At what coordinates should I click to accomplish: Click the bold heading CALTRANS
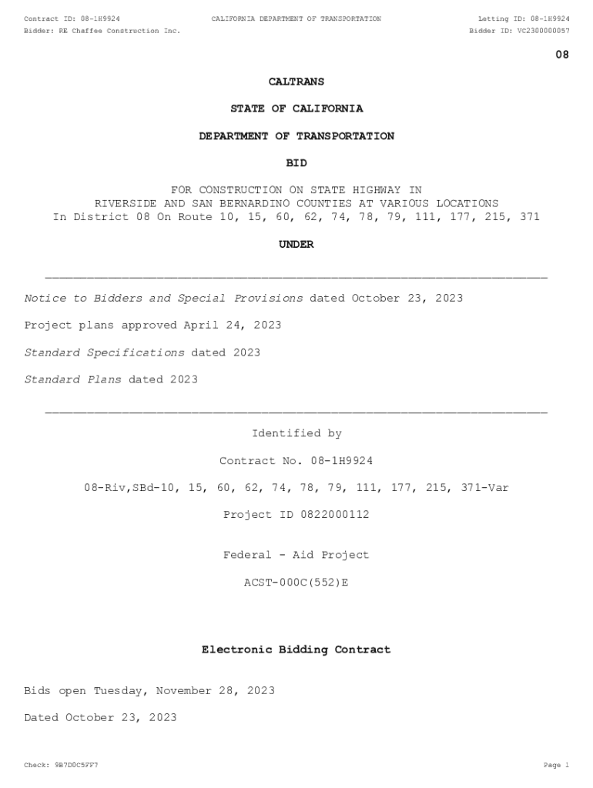point(296,82)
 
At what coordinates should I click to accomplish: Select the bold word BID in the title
point(296,163)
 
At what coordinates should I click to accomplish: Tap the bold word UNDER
point(296,244)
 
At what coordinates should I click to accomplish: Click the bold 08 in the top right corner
point(562,55)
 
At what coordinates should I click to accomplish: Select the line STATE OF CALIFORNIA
point(296,109)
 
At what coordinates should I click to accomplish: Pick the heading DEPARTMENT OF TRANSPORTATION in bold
point(296,136)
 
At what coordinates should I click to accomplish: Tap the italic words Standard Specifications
point(104,352)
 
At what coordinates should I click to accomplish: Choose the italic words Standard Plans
point(72,379)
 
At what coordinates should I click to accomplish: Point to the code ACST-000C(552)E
point(296,583)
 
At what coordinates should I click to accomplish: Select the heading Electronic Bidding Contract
point(296,650)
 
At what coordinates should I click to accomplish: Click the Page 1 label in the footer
point(556,766)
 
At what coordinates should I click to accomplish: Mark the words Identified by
point(296,434)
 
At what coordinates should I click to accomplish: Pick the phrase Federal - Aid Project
point(296,556)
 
